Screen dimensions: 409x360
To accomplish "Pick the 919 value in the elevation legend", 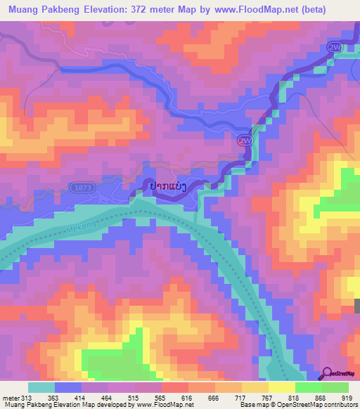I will [x=348, y=398].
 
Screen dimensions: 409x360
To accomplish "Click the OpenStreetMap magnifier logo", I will [x=328, y=374].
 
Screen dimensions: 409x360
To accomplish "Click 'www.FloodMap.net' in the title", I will [x=239, y=11].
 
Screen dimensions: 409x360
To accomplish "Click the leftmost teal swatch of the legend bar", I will [x=41, y=387].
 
